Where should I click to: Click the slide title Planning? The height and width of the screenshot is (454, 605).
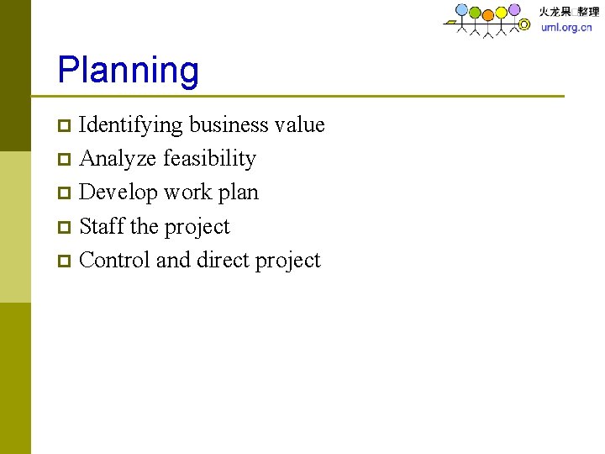tap(128, 71)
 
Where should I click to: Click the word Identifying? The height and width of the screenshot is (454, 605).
tap(130, 125)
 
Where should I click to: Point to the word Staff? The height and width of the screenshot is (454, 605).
tap(101, 227)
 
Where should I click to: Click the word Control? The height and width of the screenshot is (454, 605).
tap(114, 261)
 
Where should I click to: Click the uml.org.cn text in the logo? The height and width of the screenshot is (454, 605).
tap(566, 27)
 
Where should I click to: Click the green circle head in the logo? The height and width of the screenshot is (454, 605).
tap(475, 13)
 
